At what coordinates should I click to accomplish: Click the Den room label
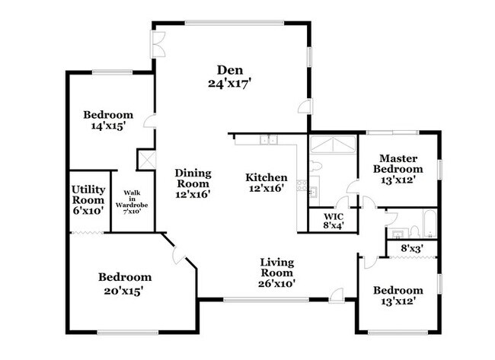click(x=228, y=77)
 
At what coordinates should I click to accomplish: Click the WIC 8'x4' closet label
click(x=332, y=220)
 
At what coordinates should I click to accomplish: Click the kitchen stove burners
click(x=303, y=184)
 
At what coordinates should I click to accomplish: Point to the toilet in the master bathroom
click(x=317, y=164)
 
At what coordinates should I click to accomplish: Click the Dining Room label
click(x=193, y=183)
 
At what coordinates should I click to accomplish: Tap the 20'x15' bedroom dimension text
click(x=124, y=290)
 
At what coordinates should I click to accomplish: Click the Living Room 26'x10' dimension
click(x=276, y=283)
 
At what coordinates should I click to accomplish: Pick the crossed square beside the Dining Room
click(x=145, y=159)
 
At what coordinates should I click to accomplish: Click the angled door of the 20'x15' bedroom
click(x=180, y=256)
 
